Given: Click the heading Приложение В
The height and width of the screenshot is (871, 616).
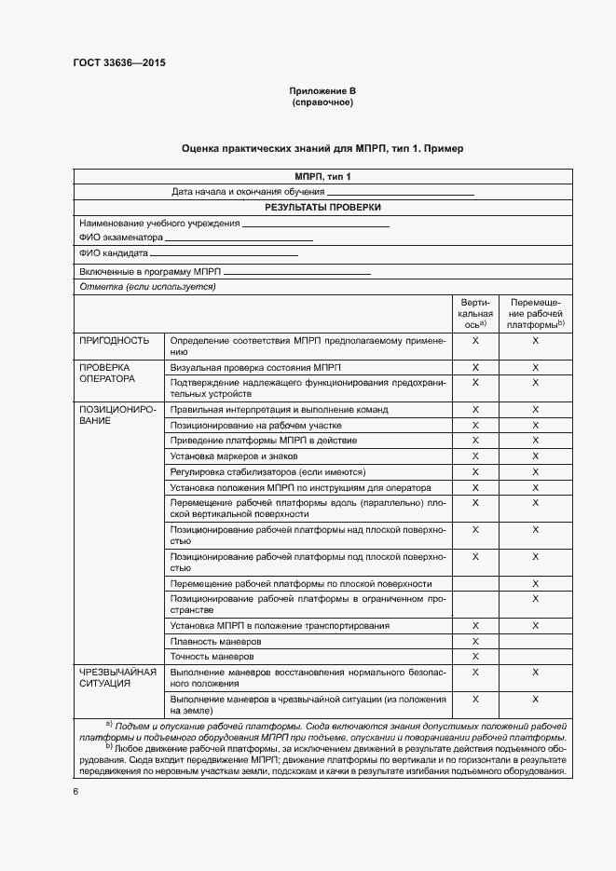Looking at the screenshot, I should [x=322, y=90].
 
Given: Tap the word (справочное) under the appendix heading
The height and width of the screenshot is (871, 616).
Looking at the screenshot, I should [x=322, y=102].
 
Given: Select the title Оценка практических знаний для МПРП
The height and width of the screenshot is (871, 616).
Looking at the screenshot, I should [x=322, y=149].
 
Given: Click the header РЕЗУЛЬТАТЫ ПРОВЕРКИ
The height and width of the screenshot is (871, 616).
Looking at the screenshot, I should [x=322, y=208].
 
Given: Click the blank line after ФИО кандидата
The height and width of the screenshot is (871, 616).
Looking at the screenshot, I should [x=224, y=253].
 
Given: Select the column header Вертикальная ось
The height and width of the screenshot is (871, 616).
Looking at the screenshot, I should [x=475, y=313].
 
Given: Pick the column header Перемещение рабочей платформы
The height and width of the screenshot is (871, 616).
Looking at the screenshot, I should [x=535, y=313].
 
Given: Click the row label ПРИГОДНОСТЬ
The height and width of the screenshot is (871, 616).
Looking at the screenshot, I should [x=115, y=341].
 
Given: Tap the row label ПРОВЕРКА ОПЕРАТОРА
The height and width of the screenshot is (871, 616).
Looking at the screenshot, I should [x=108, y=374].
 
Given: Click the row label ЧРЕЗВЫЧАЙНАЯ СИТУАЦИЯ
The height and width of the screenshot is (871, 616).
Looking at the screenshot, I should [x=118, y=676].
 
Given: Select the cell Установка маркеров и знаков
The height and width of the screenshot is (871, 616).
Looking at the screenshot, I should [x=234, y=456].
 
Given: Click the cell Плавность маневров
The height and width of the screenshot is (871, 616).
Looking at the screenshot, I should [x=216, y=641].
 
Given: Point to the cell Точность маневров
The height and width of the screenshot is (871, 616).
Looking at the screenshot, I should [x=213, y=657].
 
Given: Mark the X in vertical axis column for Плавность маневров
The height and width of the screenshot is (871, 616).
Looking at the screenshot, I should [x=475, y=641].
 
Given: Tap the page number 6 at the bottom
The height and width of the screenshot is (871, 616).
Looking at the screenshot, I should [x=75, y=792].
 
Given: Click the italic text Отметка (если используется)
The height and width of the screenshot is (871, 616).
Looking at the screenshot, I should [x=148, y=287].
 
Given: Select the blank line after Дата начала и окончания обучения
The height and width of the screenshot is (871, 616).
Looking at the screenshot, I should [x=407, y=192].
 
